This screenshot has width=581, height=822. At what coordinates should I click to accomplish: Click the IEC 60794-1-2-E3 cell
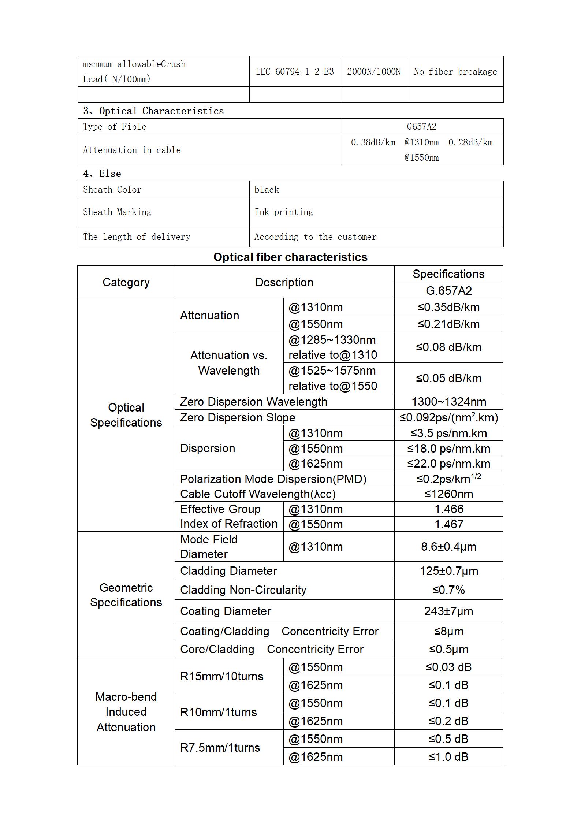click(x=295, y=71)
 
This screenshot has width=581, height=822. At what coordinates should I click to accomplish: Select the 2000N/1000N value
click(x=374, y=71)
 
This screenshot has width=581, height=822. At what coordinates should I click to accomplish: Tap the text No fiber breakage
click(x=455, y=71)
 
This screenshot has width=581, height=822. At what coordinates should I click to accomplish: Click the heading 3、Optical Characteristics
click(x=153, y=111)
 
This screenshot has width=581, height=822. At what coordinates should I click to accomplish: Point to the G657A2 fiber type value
click(x=421, y=127)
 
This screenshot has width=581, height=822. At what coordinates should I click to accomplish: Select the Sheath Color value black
click(x=267, y=189)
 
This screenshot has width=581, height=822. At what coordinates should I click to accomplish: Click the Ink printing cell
click(x=284, y=212)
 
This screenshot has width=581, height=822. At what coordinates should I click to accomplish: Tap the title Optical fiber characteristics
click(x=290, y=257)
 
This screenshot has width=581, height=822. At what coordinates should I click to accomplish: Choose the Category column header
click(x=126, y=282)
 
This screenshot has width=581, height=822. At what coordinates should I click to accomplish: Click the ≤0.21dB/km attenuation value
click(x=448, y=324)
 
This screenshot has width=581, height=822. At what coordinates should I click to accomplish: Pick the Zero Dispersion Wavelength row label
click(x=254, y=402)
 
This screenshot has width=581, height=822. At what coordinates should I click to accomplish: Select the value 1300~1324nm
click(x=448, y=402)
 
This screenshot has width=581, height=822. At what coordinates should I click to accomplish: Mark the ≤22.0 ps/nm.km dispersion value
click(x=448, y=464)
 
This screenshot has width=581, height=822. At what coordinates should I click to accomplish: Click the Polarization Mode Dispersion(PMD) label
click(x=273, y=479)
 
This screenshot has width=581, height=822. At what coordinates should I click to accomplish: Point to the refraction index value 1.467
click(x=448, y=524)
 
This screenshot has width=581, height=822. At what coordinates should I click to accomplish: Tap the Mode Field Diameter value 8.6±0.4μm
click(x=448, y=547)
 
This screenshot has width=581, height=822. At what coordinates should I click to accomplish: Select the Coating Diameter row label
click(x=226, y=611)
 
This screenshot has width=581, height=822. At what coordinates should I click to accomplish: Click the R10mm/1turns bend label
click(x=219, y=712)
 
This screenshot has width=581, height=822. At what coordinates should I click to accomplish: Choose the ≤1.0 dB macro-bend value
click(x=448, y=757)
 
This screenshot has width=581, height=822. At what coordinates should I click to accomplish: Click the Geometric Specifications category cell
click(x=126, y=595)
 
